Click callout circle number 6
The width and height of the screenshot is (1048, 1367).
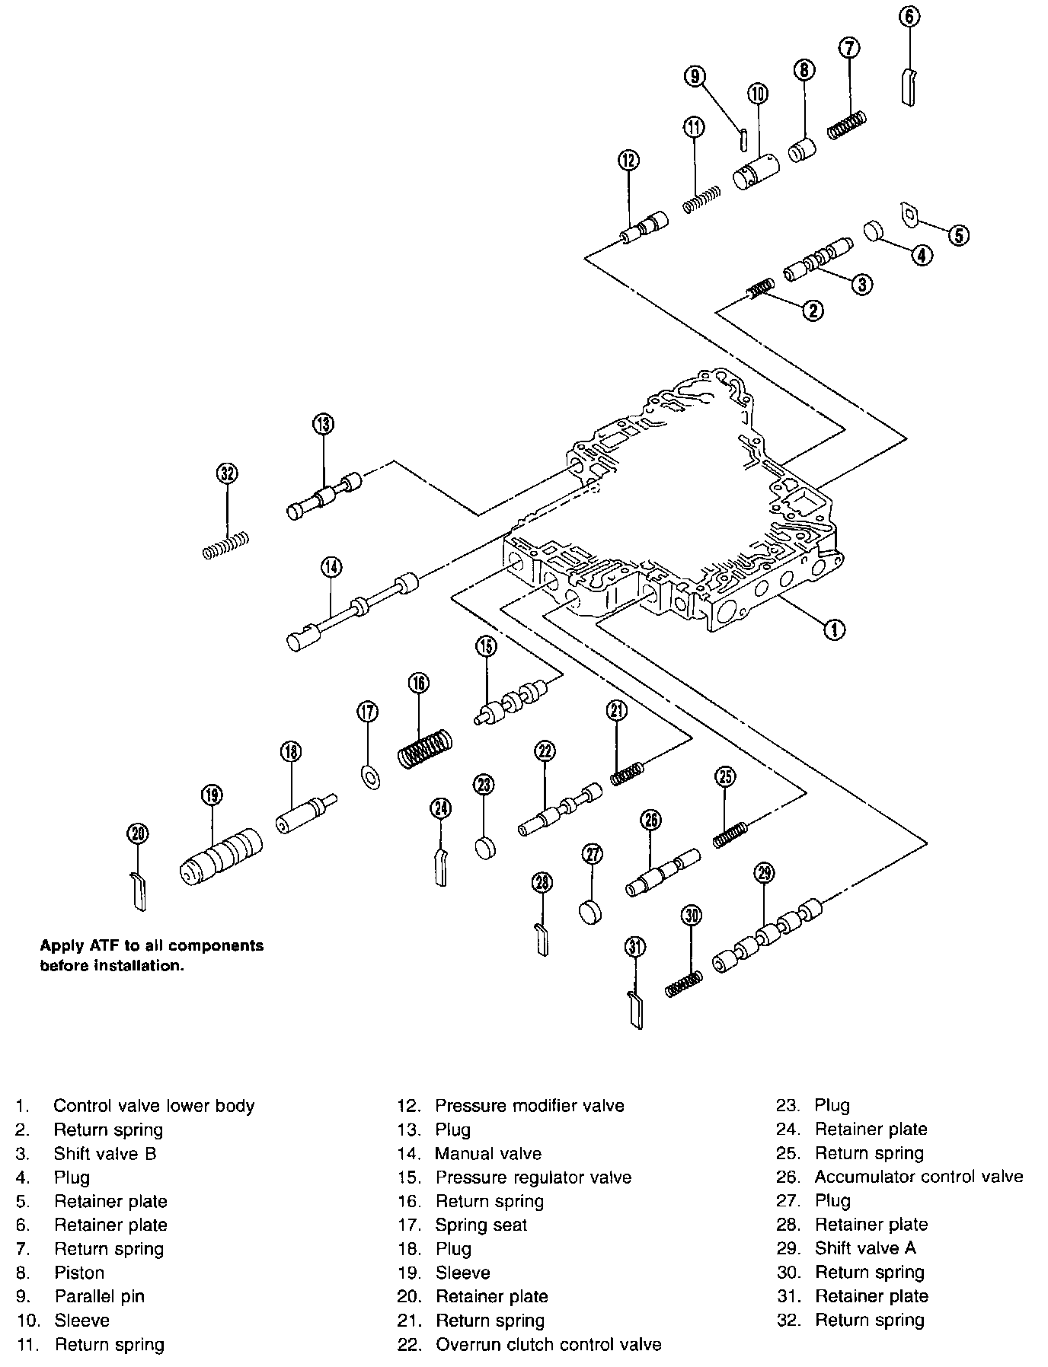pos(909,16)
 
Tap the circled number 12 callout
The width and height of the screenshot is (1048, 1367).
pos(629,160)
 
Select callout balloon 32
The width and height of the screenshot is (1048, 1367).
pos(227,473)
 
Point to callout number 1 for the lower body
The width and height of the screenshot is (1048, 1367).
pos(835,629)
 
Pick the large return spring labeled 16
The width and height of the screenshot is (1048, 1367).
pos(426,748)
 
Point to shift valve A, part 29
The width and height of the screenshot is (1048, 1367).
pos(768,934)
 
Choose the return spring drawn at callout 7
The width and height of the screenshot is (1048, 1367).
pos(847,125)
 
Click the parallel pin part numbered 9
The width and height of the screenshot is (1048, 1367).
pos(745,140)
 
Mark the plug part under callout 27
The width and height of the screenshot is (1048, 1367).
pos(590,911)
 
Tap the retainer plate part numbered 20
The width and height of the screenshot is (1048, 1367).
pos(138,890)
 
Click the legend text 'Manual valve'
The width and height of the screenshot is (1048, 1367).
pos(488,1154)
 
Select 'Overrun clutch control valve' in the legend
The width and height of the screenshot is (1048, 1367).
pos(548,1345)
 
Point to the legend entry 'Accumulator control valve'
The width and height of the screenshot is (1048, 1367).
pos(919,1177)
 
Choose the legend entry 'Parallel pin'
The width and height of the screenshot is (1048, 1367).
pos(99,1296)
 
